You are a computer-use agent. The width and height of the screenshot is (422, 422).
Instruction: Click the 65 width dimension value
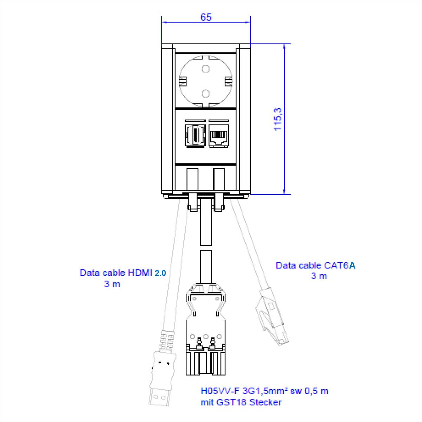206,17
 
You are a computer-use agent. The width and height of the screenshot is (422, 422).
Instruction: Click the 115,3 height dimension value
278,119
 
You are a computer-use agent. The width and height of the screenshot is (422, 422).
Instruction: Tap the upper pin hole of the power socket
206,68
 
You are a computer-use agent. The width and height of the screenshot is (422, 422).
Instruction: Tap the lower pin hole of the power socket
206,94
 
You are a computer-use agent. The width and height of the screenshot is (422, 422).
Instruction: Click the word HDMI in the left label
140,273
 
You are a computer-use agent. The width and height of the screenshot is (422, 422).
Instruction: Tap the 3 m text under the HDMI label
112,284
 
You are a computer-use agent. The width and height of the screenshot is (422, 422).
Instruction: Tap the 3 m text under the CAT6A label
319,276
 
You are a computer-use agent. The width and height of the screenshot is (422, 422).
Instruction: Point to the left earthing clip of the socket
183,82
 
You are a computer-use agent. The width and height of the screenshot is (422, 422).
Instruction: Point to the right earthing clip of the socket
228,82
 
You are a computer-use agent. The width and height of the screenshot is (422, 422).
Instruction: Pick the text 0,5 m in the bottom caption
316,391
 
